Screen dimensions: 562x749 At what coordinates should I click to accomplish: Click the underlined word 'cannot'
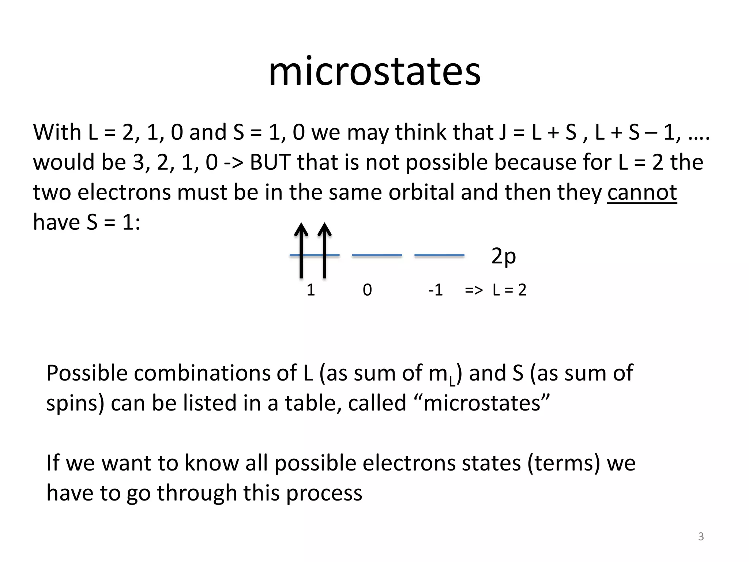(x=642, y=192)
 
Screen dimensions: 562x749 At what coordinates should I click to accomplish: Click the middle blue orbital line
(x=377, y=255)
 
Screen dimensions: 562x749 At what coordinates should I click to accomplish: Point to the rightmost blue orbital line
(x=439, y=255)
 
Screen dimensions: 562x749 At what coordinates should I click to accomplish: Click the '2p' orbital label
(x=503, y=256)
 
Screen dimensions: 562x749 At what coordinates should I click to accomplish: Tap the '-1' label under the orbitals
(x=435, y=290)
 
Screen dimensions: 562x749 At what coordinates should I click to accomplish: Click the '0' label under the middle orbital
(x=367, y=290)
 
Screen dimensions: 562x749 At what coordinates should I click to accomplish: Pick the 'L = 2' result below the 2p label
(x=509, y=290)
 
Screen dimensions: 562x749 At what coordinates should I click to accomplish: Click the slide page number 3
(x=701, y=536)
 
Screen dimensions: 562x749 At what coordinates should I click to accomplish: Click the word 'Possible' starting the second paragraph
(x=86, y=374)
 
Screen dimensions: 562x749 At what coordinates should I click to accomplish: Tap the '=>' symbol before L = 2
(x=474, y=290)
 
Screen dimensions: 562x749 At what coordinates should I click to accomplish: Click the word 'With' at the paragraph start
(x=57, y=132)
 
